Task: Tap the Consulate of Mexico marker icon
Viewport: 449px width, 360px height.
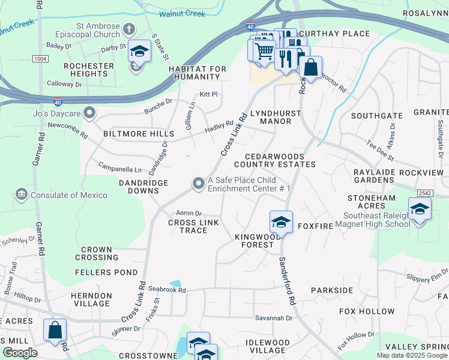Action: pyautogui.click(x=22, y=194)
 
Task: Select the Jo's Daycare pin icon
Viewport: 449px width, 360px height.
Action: pyautogui.click(x=90, y=112)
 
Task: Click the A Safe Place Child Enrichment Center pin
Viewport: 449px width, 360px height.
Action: pyautogui.click(x=198, y=184)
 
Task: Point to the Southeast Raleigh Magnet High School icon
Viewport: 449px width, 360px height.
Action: pyautogui.click(x=420, y=209)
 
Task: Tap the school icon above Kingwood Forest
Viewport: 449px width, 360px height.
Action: pyautogui.click(x=280, y=222)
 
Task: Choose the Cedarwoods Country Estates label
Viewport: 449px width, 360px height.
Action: pyautogui.click(x=274, y=160)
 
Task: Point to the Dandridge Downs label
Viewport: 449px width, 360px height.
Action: pyautogui.click(x=139, y=187)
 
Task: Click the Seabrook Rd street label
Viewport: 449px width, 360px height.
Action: pyautogui.click(x=167, y=290)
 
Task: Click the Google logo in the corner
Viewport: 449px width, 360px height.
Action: pyautogui.click(x=20, y=353)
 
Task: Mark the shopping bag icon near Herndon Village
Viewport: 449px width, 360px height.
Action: pyautogui.click(x=55, y=331)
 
